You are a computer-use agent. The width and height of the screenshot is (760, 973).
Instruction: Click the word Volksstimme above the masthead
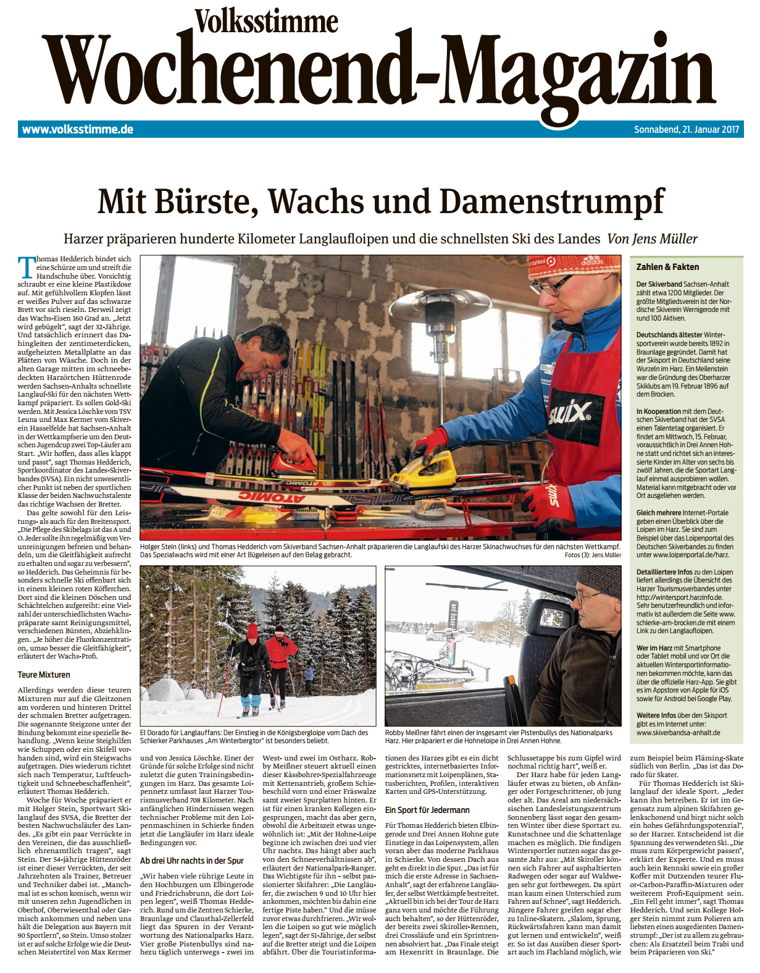click(267, 22)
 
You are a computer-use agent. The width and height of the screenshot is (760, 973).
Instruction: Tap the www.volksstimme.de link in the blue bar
click(78, 129)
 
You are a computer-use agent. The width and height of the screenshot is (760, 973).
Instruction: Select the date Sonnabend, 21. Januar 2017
click(686, 130)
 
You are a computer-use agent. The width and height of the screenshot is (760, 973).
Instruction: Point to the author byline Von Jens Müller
click(653, 239)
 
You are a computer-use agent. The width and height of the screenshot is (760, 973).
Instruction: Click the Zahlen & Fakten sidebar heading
click(667, 267)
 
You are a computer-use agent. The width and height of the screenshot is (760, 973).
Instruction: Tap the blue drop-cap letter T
click(27, 267)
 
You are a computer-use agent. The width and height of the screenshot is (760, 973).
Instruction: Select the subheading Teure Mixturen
click(44, 675)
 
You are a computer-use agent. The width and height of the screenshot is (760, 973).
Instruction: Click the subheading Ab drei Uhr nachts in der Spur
click(191, 861)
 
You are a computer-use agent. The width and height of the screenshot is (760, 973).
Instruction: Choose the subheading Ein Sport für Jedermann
click(427, 810)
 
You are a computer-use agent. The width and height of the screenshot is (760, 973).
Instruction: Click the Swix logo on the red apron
click(570, 413)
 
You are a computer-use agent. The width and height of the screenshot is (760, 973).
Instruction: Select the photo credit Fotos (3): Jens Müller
click(593, 555)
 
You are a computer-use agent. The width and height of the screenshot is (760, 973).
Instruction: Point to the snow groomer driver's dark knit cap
click(599, 581)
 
